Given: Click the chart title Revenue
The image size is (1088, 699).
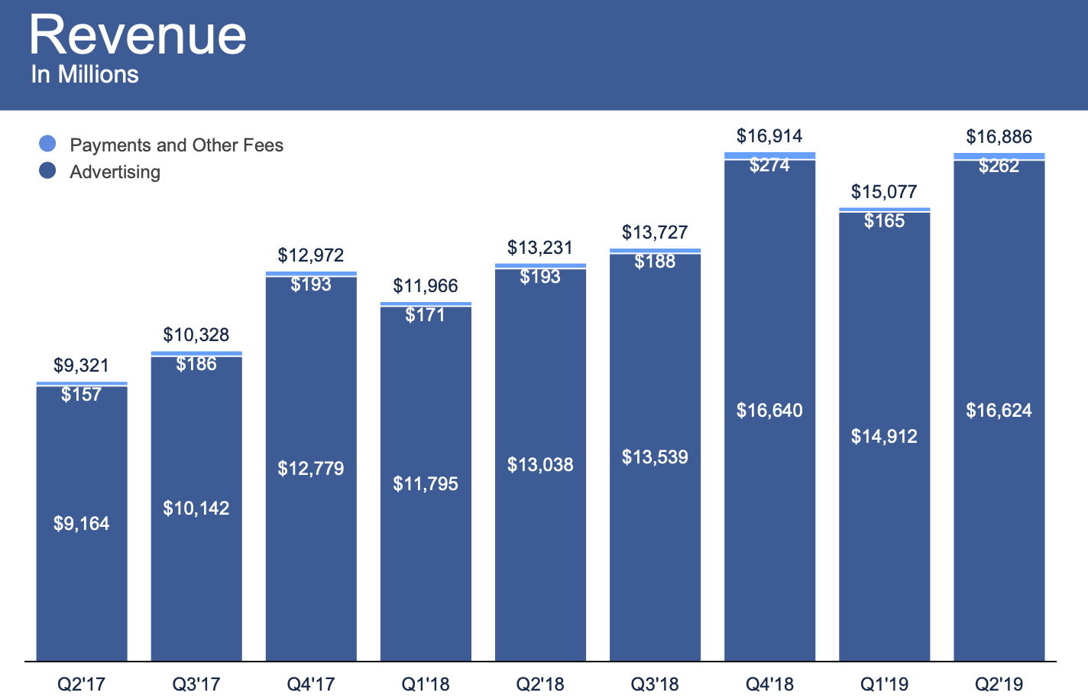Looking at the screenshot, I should pos(138,35).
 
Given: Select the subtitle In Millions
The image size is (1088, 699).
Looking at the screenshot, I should pos(85,75).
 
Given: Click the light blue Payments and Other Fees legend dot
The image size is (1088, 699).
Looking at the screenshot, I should pos(47,143).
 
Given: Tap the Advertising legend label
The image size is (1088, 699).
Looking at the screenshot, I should pos(115,172).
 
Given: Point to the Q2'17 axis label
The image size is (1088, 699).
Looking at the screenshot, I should pos(82,684).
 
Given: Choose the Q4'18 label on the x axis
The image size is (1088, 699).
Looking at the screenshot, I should pos(769,684).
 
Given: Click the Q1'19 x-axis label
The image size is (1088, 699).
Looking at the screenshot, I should pos(884,684).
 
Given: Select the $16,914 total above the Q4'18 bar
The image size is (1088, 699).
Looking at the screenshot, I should pos(769,136).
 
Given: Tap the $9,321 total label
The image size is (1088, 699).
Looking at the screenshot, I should pos(82,366).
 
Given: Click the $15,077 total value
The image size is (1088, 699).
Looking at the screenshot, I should pos(884,192).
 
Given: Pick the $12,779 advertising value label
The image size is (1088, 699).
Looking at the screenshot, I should pos(311,468).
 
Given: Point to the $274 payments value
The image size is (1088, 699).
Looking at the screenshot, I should pos(769,165).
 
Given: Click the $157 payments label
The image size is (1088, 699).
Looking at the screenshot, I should pos(82,395).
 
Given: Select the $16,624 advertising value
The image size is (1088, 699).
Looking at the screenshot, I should pos(999,411).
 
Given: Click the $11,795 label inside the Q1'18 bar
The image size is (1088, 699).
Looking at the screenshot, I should pos(426,484).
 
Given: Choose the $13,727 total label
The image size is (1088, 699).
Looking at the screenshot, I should pos(655,232).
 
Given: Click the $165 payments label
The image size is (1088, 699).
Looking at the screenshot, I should pos(884,221).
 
